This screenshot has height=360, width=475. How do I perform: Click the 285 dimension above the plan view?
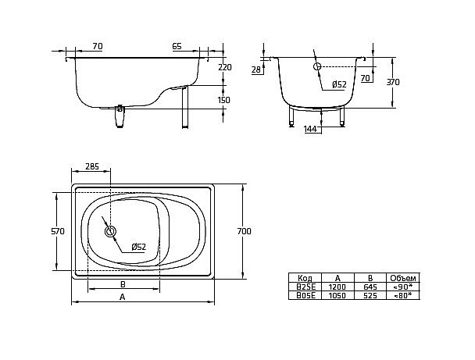coord(92,167)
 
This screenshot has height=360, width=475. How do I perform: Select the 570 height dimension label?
coord(58,231)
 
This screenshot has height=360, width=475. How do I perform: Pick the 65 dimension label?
coord(177,47)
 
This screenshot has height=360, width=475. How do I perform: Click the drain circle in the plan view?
coord(109,231)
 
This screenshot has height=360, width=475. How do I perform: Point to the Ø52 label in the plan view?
coord(138,247)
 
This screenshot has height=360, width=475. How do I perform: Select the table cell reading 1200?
coord(337,287)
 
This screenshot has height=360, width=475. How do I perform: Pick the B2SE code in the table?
coord(305,287)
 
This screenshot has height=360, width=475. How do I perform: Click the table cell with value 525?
coord(370,295)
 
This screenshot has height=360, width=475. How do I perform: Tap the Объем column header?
coord(404,278)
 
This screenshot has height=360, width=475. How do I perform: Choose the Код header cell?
coord(305,278)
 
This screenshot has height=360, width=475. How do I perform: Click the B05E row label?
coord(305,295)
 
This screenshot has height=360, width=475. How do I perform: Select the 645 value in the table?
coord(370,287)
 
